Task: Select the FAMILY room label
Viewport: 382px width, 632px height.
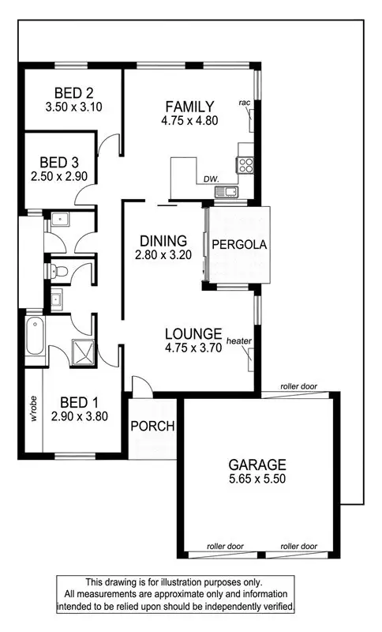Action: coord(189,106)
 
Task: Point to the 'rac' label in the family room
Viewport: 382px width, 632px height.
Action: coord(245,103)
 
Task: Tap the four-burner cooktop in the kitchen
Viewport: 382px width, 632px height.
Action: coord(245,165)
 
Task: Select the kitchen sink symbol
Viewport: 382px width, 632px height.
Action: coord(230,190)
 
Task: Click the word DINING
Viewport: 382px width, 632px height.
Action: coord(163,241)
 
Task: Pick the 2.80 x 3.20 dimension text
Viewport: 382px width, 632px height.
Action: coord(163,254)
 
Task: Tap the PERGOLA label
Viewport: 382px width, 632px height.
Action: coord(238,245)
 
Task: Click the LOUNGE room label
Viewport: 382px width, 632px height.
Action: coord(193,333)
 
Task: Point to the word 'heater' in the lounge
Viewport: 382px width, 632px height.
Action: coord(238,340)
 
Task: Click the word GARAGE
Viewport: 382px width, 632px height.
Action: coord(258,465)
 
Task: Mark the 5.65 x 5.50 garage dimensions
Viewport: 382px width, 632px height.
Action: coord(258,478)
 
